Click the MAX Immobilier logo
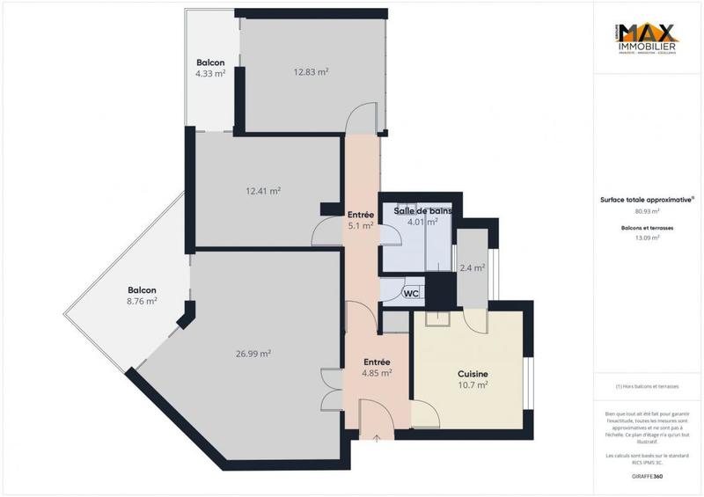coord(646,40)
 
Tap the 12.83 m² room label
coord(311,72)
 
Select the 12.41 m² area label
coord(263,190)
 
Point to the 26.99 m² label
coord(253,354)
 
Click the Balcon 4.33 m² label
coord(210,69)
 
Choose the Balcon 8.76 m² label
coord(142,296)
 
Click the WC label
coord(411,294)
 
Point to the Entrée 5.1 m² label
coord(361,220)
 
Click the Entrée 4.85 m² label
coord(378,367)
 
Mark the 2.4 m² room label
coord(473,268)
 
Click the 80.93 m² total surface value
coord(648,211)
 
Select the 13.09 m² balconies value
coord(648,238)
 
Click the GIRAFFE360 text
coord(647,474)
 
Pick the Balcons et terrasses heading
coord(647,228)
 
